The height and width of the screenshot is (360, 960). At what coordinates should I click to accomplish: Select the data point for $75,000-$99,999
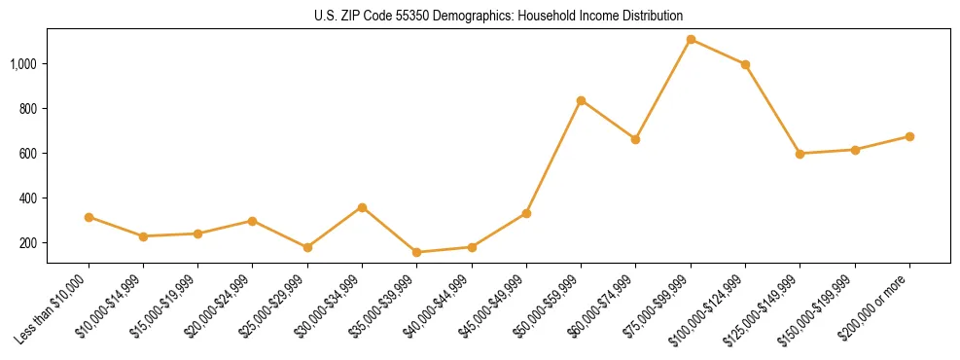pos(691,40)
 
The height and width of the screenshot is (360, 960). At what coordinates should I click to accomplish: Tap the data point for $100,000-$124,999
pos(745,65)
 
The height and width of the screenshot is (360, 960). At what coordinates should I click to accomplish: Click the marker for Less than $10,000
pos(89,217)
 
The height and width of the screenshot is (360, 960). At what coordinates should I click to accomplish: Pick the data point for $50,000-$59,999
pos(581,100)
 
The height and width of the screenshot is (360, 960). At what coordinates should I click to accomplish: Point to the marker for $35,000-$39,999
pos(416,252)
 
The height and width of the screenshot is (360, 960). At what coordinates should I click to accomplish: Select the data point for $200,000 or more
pos(909,136)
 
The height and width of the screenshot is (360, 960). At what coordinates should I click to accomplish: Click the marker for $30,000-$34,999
pos(362,207)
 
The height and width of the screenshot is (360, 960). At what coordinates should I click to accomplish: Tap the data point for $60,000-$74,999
pos(635,139)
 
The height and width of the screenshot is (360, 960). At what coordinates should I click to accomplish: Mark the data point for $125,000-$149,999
pos(800,154)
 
